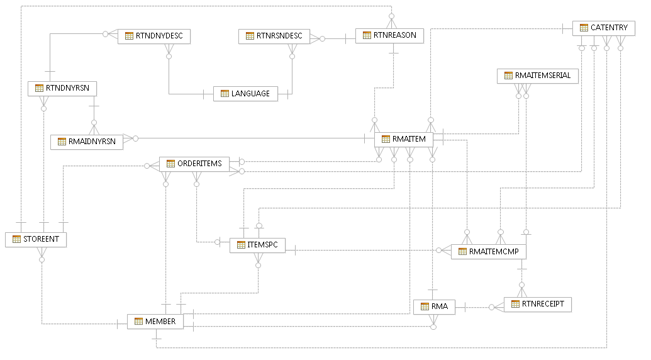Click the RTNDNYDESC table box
[153, 36]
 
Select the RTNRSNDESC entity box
[274, 36]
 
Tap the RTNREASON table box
[389, 35]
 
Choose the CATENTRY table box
[604, 28]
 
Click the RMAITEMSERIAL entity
[537, 76]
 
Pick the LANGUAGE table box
[245, 94]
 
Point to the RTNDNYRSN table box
[62, 89]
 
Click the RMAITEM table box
[404, 138]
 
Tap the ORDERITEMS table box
[194, 164]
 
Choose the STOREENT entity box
[36, 239]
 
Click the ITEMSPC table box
[258, 245]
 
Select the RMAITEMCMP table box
[489, 252]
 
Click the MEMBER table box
[155, 322]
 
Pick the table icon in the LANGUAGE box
[225, 94]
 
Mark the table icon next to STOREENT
[17, 239]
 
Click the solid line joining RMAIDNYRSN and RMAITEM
[252, 138]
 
